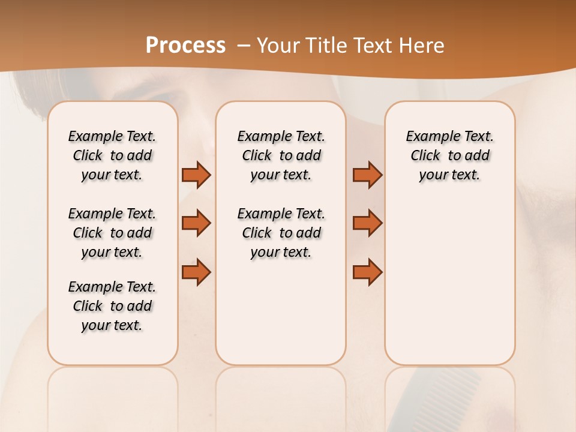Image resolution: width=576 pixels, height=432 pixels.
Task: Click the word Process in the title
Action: (185, 46)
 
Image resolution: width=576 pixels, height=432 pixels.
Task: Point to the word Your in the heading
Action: (279, 46)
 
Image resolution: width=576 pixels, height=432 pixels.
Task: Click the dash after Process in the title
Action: (244, 46)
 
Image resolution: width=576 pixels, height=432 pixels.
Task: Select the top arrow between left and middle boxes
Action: (196, 175)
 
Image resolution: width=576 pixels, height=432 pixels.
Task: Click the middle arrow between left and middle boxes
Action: (196, 223)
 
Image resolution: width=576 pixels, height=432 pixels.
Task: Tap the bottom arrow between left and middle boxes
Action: (196, 272)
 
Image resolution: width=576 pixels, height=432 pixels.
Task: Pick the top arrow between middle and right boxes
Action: (367, 175)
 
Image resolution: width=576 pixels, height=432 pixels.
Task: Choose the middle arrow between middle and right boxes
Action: (367, 223)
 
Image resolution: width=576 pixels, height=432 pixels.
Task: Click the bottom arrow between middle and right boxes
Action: (367, 272)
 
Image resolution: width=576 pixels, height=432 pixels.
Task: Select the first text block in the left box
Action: (112, 155)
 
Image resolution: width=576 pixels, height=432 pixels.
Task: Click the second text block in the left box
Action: (112, 233)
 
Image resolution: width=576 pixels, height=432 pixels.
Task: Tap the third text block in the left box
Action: (112, 306)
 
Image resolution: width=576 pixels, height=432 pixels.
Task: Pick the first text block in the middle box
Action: (281, 155)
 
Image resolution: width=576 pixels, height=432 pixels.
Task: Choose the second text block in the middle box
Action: (281, 233)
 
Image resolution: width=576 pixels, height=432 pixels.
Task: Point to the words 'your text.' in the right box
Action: (449, 175)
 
